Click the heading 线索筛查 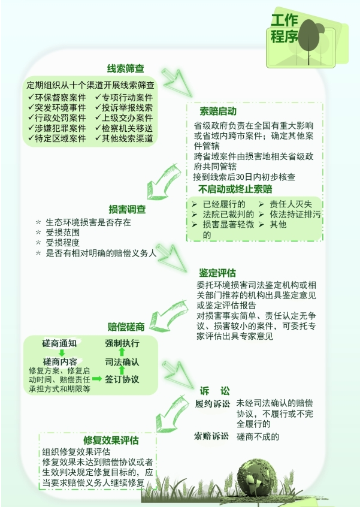pyautogui.click(x=125, y=68)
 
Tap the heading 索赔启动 pyautogui.click(x=218, y=111)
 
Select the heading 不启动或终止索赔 pyautogui.click(x=235, y=189)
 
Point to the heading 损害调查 pyautogui.click(x=127, y=209)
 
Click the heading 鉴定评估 pyautogui.click(x=217, y=273)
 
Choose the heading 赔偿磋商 pyautogui.click(x=126, y=327)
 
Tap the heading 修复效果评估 pyautogui.click(x=111, y=440)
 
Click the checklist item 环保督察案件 pyautogui.click(x=57, y=98)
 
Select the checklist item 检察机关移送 pyautogui.click(x=124, y=128)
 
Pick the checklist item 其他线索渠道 pyautogui.click(x=124, y=138)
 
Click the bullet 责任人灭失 pyautogui.click(x=285, y=204)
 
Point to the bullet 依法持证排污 pyautogui.click(x=289, y=215)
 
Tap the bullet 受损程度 pyautogui.click(x=58, y=243)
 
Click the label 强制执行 pyautogui.click(x=122, y=343)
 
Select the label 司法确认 pyautogui.click(x=122, y=362)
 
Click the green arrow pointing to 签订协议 pyautogui.click(x=97, y=379)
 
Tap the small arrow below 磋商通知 pyautogui.click(x=62, y=352)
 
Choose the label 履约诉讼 pyautogui.click(x=212, y=404)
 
